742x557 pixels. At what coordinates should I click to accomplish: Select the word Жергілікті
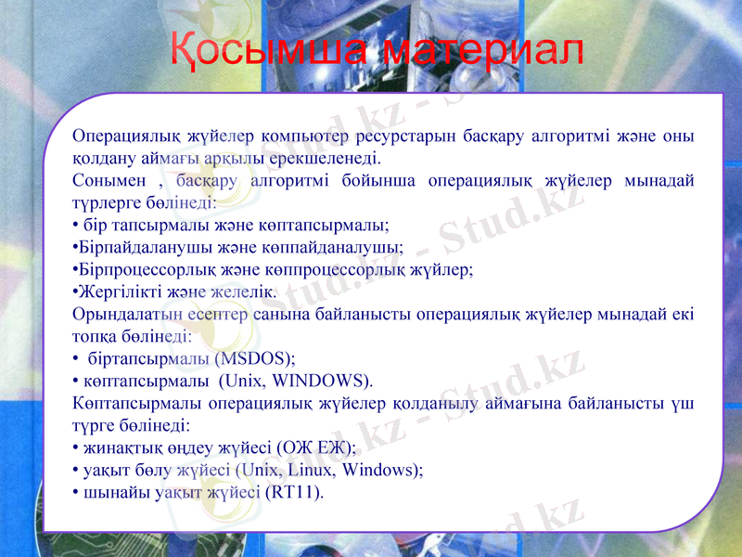point(113,292)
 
